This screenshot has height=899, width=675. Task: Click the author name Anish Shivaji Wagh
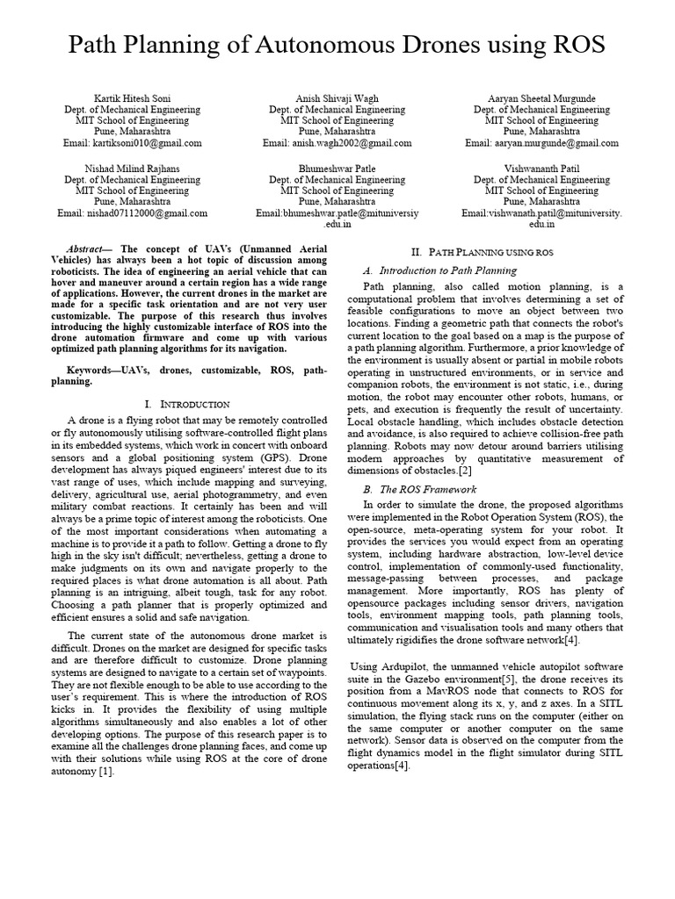(x=337, y=98)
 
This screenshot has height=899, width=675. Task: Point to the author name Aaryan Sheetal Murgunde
(x=541, y=98)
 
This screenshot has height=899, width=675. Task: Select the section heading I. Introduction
(x=186, y=404)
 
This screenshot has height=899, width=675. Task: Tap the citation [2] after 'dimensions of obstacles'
(x=466, y=471)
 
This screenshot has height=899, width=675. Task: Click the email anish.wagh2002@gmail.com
(x=337, y=142)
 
